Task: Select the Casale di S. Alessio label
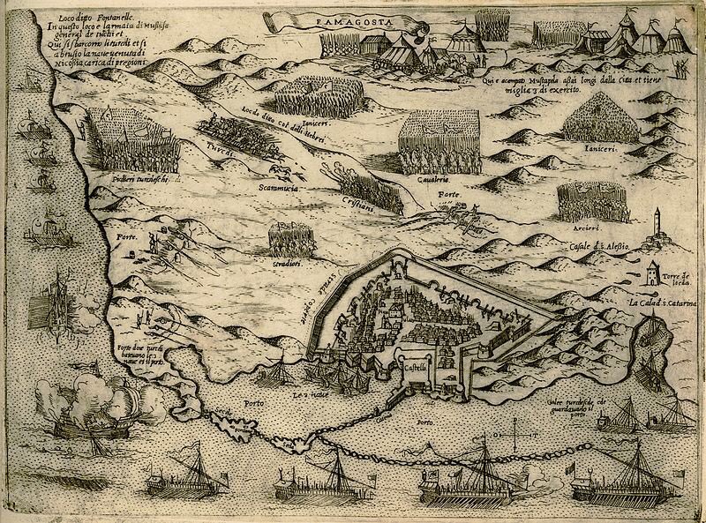tap(599, 245)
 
